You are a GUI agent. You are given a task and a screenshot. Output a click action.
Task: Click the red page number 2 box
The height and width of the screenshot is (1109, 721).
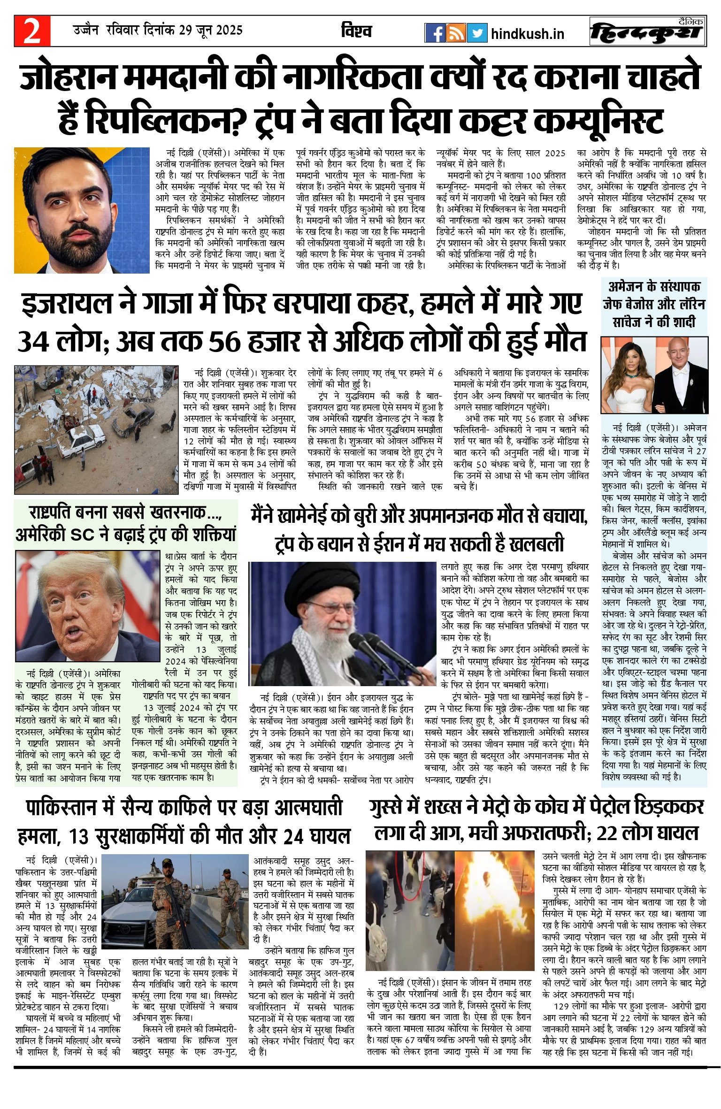(32, 31)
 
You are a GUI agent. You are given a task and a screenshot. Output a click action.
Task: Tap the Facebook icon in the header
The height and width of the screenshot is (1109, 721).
(435, 33)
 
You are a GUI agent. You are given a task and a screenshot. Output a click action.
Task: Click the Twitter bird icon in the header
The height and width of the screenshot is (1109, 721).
(477, 33)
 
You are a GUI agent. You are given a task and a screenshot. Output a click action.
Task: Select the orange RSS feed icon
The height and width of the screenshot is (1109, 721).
(456, 33)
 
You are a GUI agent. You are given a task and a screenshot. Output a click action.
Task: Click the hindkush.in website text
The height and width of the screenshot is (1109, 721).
(527, 34)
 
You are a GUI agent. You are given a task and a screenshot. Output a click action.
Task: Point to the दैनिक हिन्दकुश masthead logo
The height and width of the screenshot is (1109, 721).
(648, 31)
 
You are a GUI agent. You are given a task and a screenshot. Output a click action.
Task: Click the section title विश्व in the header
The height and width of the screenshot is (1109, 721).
(356, 31)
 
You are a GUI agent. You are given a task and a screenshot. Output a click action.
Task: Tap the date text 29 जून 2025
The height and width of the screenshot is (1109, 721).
(211, 31)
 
